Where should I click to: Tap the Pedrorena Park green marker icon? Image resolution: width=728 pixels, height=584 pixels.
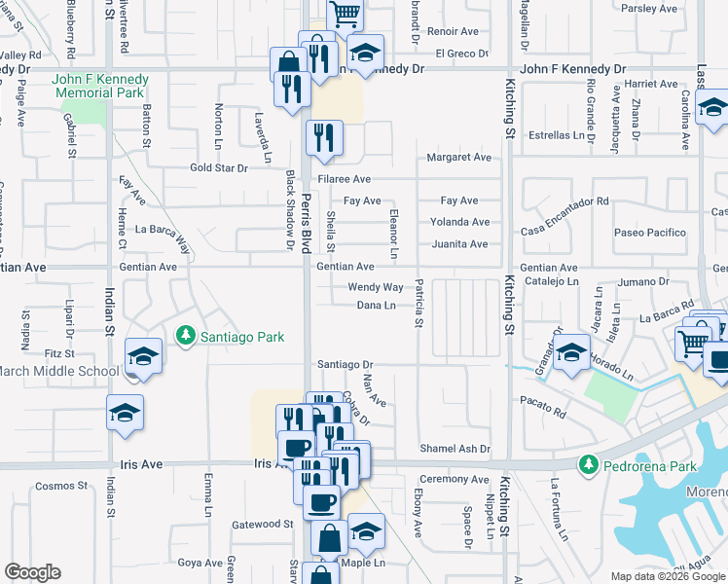click(587, 466)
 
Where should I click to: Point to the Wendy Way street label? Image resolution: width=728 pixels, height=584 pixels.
click(376, 287)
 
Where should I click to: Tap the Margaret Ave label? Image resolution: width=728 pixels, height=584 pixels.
click(459, 157)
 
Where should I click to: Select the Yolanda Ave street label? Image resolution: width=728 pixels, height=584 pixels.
click(459, 222)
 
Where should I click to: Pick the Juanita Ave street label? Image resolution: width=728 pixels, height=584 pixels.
click(458, 243)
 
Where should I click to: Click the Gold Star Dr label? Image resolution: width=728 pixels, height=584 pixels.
click(219, 167)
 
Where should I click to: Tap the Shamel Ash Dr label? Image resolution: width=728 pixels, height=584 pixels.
click(455, 449)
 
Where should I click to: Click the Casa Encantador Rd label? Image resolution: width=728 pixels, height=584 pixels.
click(564, 201)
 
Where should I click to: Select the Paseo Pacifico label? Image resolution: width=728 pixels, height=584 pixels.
click(649, 233)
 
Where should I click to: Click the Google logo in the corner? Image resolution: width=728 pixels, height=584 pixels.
click(32, 572)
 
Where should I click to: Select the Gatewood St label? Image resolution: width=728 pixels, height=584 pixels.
click(263, 524)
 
